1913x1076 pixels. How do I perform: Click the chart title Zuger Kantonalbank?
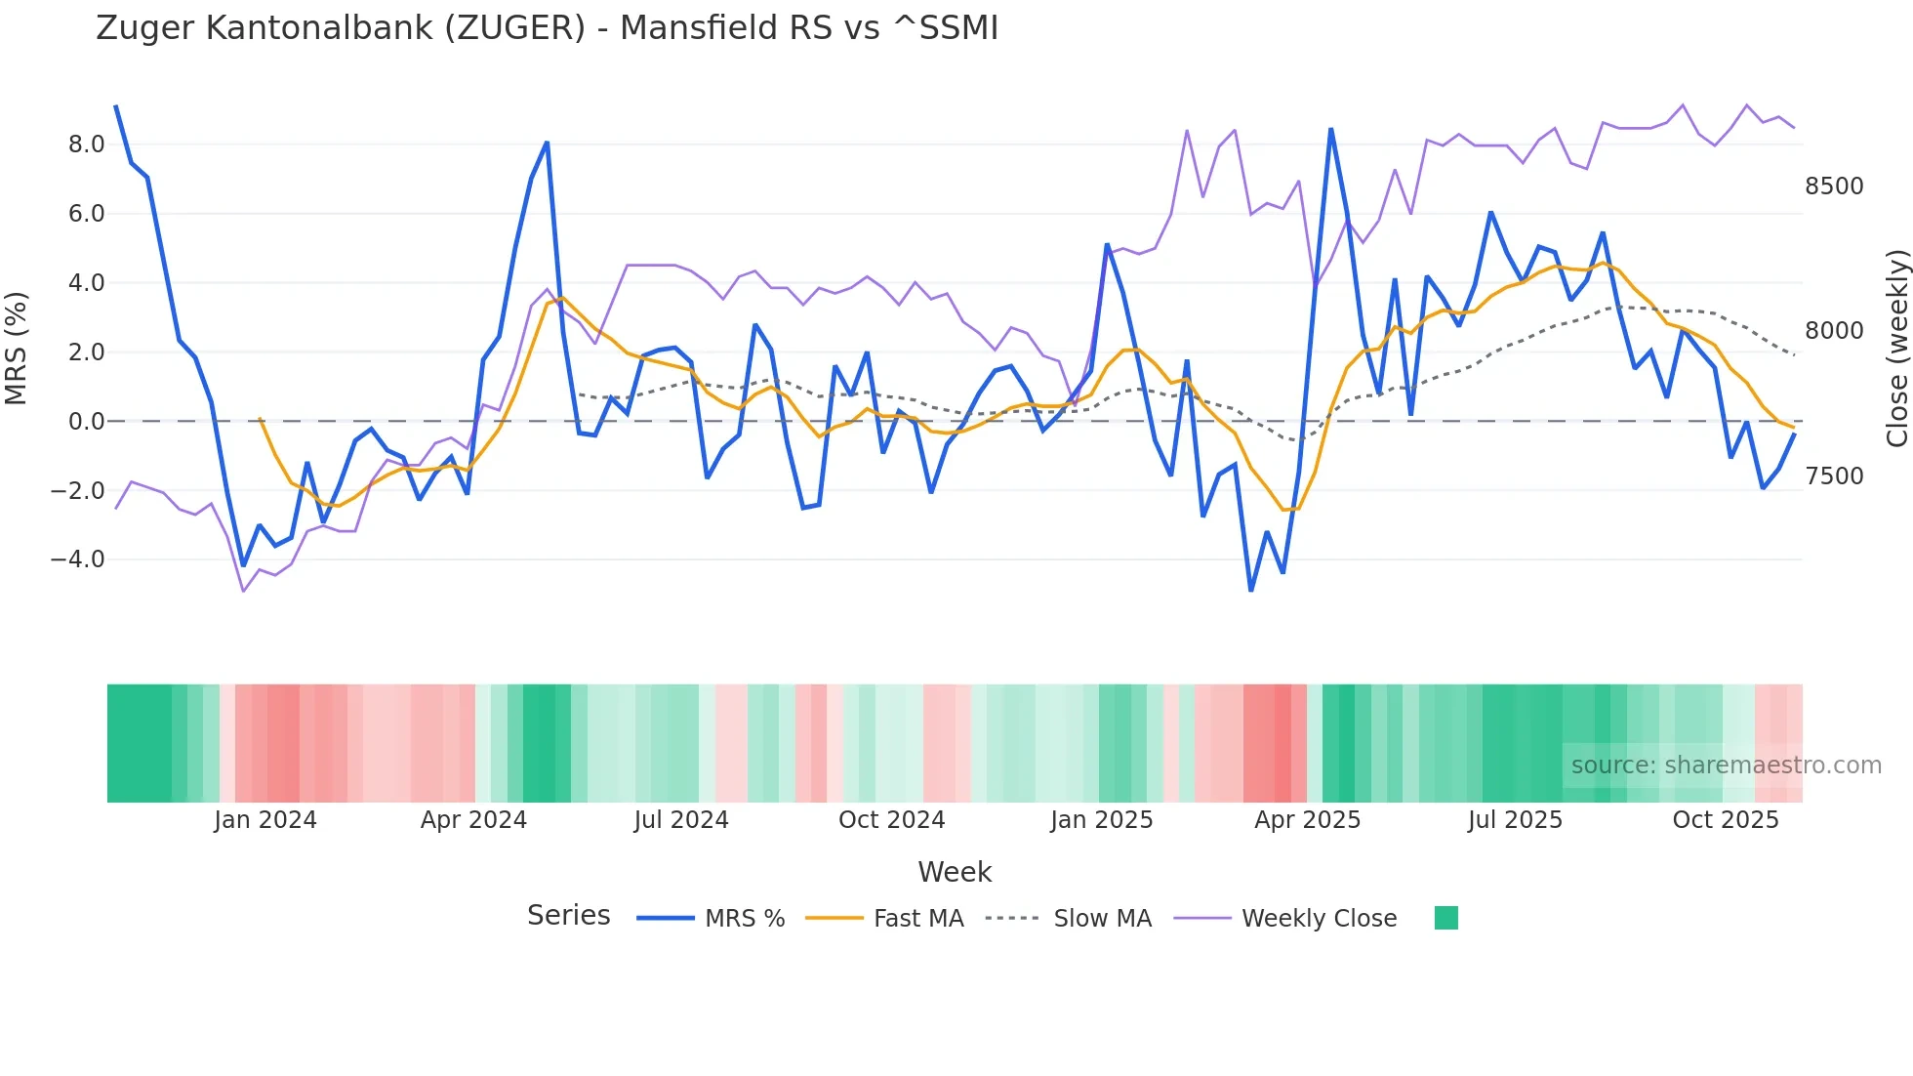coord(547,28)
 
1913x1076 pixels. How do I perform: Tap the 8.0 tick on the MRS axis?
coord(86,145)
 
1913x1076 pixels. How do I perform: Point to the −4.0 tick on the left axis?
coord(78,559)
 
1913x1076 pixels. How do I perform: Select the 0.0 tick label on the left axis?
coord(86,422)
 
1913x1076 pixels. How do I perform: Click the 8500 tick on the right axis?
coord(1833,186)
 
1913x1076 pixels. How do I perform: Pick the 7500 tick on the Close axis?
coord(1833,476)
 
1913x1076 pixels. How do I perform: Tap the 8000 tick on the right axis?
coord(1833,331)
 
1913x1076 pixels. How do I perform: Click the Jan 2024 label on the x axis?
coord(265,820)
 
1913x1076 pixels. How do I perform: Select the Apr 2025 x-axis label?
coord(1307,820)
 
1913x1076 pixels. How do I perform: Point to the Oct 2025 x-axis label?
coord(1725,820)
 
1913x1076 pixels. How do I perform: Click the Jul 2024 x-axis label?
coord(680,820)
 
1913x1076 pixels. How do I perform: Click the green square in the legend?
coord(1445,918)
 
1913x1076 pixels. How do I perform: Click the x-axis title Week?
coord(955,872)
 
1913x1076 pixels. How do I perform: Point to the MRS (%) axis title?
coord(17,348)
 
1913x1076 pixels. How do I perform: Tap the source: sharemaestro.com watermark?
coord(1726,766)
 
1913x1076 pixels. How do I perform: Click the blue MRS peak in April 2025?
coord(1330,130)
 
